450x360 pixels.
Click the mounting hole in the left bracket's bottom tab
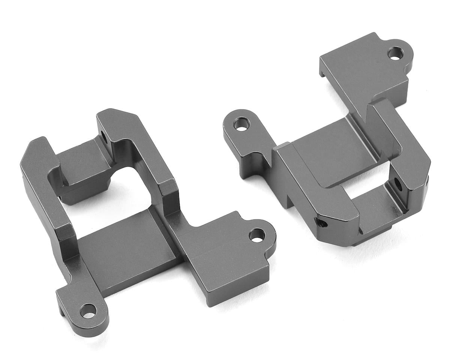pyautogui.click(x=88, y=310)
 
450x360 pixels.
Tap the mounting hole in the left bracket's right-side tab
pyautogui.click(x=257, y=235)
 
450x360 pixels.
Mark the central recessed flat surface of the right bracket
pyautogui.click(x=330, y=150)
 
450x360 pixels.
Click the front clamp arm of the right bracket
pyautogui.click(x=307, y=187)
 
